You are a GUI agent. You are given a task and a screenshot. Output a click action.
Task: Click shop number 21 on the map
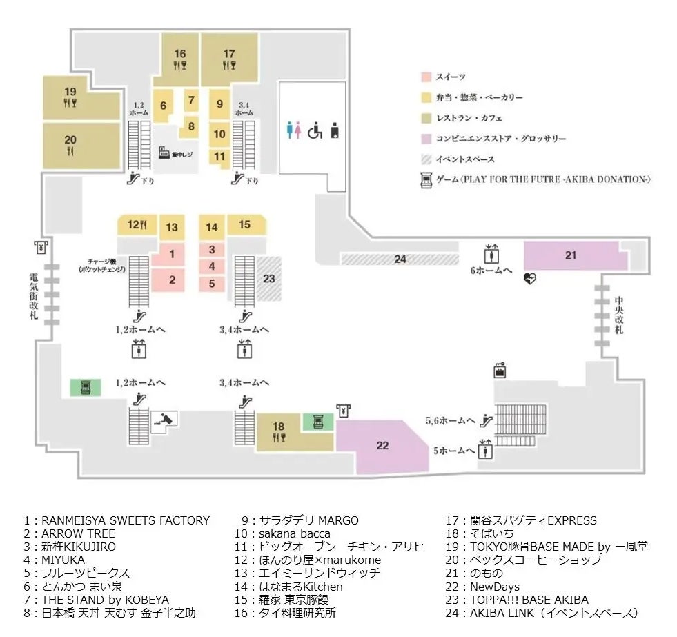click(570, 255)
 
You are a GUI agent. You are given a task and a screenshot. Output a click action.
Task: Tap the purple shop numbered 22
click(382, 445)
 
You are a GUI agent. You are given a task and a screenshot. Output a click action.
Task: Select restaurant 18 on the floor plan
click(278, 432)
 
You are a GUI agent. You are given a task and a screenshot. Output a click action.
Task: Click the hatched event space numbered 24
click(400, 259)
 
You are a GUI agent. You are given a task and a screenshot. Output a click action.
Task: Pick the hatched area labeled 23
click(269, 279)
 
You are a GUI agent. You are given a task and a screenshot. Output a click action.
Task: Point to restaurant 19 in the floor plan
click(70, 97)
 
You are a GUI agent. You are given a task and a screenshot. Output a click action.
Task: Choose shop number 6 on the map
click(163, 106)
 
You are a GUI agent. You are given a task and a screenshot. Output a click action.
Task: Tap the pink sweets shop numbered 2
click(172, 280)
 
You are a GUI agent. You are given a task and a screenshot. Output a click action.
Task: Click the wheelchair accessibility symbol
click(315, 130)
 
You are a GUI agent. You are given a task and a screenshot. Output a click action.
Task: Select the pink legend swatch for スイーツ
click(426, 77)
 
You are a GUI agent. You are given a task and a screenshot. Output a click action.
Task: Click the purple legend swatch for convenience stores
click(426, 139)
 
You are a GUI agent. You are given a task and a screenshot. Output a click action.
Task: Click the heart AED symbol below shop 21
click(529, 279)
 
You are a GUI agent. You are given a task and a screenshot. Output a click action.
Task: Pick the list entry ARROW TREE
click(69, 533)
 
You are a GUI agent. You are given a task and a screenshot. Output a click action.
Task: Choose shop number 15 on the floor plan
click(244, 224)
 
